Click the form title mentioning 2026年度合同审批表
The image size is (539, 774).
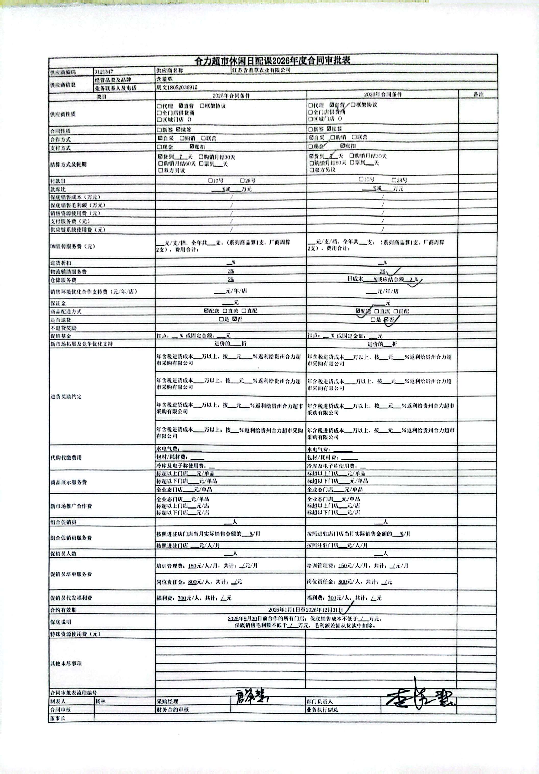273,61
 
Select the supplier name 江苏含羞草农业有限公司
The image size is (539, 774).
261,70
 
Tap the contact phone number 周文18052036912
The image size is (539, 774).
177,87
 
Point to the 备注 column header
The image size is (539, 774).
478,94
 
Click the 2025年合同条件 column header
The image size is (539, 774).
231,96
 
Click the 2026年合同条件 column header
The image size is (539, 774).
383,95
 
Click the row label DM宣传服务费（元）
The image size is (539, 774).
72,246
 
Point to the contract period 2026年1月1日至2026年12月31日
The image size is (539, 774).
305,610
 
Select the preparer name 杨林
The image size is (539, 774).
101,701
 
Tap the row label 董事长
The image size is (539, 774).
58,718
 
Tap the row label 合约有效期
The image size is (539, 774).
63,610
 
